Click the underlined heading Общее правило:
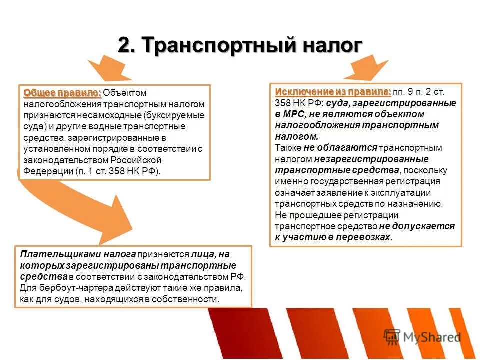(x=63, y=93)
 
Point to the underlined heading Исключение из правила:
(x=333, y=92)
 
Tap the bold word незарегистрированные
(x=371, y=159)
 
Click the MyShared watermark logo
(x=422, y=337)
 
